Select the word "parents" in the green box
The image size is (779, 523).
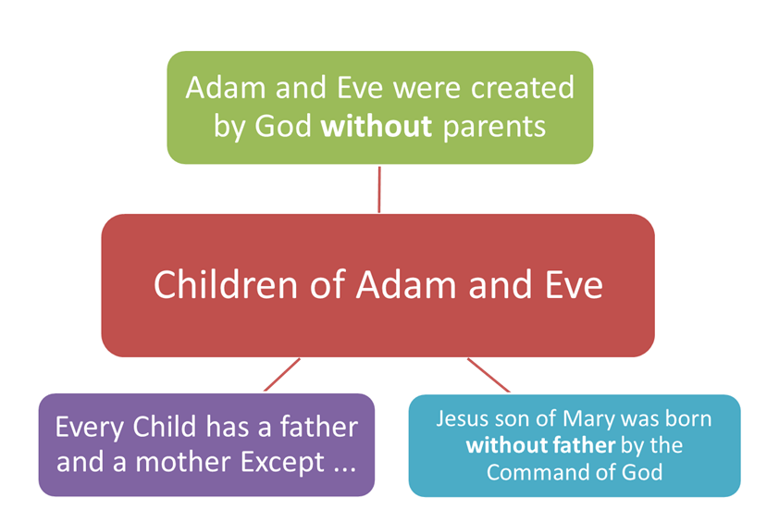click(x=494, y=127)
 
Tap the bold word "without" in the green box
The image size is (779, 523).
click(x=377, y=126)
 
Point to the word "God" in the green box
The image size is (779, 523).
click(x=283, y=126)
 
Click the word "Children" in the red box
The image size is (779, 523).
click(x=225, y=284)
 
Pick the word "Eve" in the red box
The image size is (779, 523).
click(x=575, y=285)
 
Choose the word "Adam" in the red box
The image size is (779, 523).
click(x=406, y=285)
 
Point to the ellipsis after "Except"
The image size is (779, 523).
click(x=344, y=469)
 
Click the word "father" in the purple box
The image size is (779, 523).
click(x=318, y=427)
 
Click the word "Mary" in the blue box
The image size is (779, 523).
click(x=588, y=420)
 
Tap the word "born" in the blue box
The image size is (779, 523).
click(x=688, y=418)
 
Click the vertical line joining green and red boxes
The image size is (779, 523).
click(x=379, y=190)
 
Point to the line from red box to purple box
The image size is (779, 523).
click(x=282, y=374)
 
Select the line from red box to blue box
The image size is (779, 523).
click(x=488, y=375)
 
